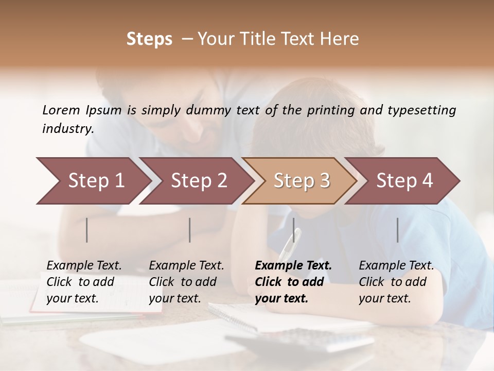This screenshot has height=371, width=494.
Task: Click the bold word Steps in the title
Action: (x=149, y=39)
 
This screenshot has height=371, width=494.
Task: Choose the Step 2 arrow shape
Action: (x=196, y=181)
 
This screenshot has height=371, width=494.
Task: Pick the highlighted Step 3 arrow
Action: (x=299, y=181)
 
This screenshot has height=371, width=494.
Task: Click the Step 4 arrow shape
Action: (x=402, y=181)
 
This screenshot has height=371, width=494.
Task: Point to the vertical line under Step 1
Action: (x=87, y=230)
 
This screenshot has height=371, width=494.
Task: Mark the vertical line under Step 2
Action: (x=190, y=230)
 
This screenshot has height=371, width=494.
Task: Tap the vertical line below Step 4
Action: (x=398, y=230)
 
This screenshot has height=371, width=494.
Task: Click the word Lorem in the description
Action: (x=61, y=110)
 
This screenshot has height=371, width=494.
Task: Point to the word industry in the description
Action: (x=67, y=128)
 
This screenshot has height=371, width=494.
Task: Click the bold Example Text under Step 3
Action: (x=293, y=266)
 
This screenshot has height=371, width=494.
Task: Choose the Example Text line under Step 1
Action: (x=84, y=266)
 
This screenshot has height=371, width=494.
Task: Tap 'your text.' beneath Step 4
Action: (x=384, y=298)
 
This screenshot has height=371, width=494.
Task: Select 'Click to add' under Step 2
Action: (x=183, y=282)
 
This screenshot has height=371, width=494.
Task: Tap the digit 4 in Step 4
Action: (x=427, y=181)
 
